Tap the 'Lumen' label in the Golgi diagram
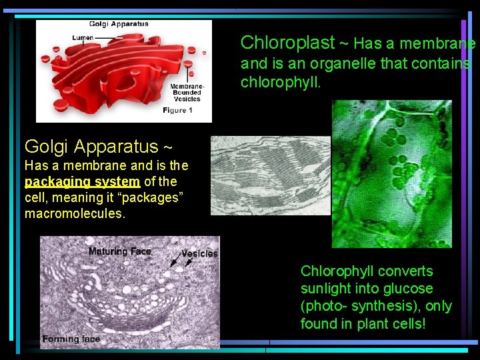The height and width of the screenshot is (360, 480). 83,38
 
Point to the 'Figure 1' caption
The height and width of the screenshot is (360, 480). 177,110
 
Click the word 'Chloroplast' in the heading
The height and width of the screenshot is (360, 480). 287,43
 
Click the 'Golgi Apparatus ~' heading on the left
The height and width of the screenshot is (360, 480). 98,145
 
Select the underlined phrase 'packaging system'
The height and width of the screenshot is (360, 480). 82,181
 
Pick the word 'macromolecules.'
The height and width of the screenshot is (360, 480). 75,213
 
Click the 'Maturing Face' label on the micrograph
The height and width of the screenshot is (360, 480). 120,251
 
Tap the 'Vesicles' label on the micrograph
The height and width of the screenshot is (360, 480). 199,254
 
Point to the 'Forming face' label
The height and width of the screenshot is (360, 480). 71,339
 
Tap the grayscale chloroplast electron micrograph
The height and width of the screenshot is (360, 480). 270,175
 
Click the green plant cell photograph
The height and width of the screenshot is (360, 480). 392,173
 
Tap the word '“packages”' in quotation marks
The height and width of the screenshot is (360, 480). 155,197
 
